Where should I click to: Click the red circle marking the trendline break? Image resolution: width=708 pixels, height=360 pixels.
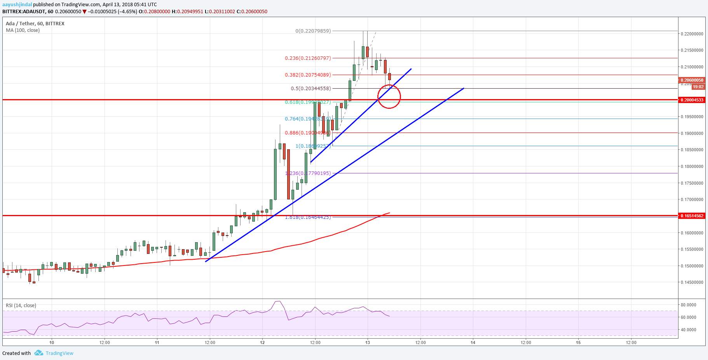389,96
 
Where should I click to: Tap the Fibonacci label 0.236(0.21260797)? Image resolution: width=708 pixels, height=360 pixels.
308,58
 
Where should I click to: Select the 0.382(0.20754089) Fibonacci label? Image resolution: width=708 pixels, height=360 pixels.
308,75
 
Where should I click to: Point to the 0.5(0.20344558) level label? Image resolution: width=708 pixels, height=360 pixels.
311,89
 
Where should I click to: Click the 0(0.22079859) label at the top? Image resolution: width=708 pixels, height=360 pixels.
313,31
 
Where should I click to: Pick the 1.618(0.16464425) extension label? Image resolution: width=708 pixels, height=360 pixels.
308,217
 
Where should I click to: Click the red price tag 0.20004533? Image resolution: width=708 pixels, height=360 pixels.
692,100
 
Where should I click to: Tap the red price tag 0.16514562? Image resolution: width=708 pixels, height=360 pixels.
692,216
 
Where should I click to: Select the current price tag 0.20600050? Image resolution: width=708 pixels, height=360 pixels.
692,80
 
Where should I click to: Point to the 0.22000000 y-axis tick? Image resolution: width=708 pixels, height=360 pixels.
692,34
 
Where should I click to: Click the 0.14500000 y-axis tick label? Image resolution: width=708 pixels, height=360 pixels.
692,283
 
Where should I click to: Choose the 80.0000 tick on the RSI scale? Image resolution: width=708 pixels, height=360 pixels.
688,305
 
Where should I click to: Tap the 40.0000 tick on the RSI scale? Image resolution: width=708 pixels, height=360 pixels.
688,330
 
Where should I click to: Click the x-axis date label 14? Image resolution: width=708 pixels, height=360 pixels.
473,343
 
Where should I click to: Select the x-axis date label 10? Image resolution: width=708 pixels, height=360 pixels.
52,343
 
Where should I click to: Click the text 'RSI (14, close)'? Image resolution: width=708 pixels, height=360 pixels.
21,306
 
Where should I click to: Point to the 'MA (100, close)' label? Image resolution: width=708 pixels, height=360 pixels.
23,30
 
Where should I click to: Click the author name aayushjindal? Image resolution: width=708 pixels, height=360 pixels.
17,5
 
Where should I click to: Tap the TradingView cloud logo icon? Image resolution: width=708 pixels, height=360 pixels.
38,353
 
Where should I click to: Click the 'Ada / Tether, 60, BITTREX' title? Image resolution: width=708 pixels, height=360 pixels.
35,24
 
